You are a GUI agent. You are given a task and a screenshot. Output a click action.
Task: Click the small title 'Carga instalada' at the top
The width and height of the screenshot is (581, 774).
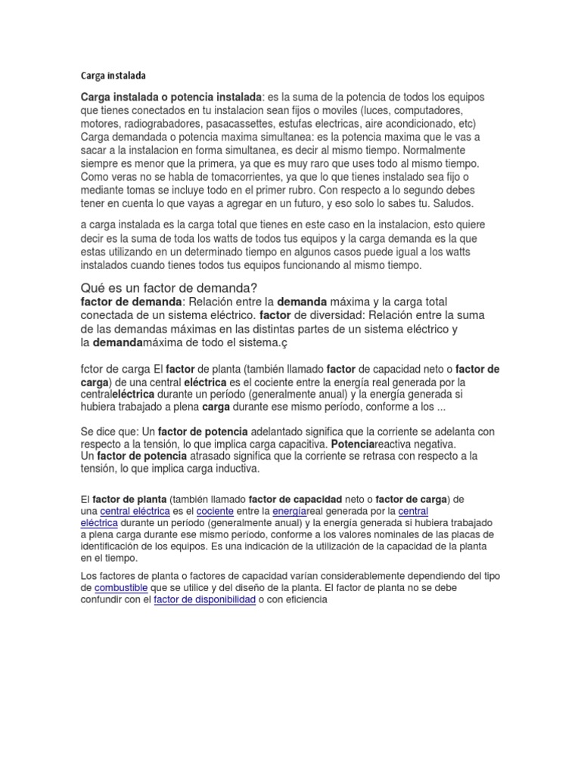(x=113, y=76)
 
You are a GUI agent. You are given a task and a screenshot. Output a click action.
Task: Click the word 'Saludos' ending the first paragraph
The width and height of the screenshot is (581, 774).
(x=452, y=203)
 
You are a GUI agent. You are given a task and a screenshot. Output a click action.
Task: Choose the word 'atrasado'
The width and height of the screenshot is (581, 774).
(x=216, y=457)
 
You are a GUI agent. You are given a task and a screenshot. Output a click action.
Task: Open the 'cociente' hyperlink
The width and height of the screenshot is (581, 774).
(x=235, y=511)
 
